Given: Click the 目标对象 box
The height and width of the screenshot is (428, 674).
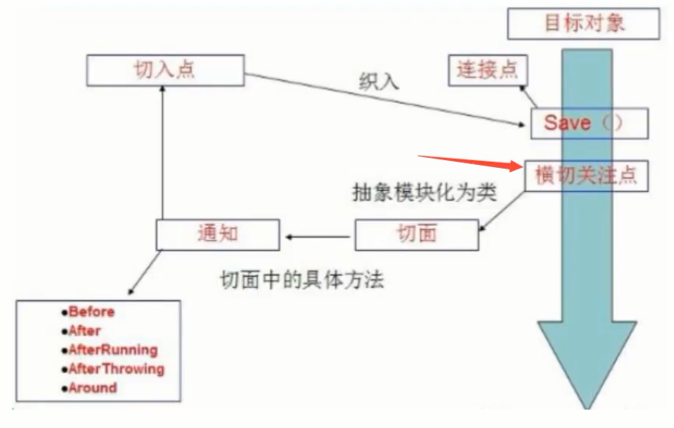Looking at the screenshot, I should click(583, 22).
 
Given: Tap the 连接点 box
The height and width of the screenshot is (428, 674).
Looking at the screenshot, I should click(487, 70).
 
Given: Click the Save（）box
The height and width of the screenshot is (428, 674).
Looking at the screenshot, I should click(589, 122).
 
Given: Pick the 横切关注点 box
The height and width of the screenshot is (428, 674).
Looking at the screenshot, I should click(586, 176).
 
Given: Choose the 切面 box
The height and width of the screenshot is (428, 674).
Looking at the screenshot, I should click(417, 234).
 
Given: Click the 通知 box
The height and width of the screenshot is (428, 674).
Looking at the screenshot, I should click(216, 233).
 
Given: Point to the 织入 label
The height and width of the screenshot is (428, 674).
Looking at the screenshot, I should click(380, 81).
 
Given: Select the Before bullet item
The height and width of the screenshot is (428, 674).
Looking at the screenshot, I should click(91, 312).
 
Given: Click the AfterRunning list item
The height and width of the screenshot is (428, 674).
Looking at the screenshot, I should click(112, 350).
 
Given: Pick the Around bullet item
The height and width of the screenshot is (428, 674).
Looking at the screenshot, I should click(92, 387).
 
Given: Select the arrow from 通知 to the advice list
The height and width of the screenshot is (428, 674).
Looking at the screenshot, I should click(143, 271).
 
